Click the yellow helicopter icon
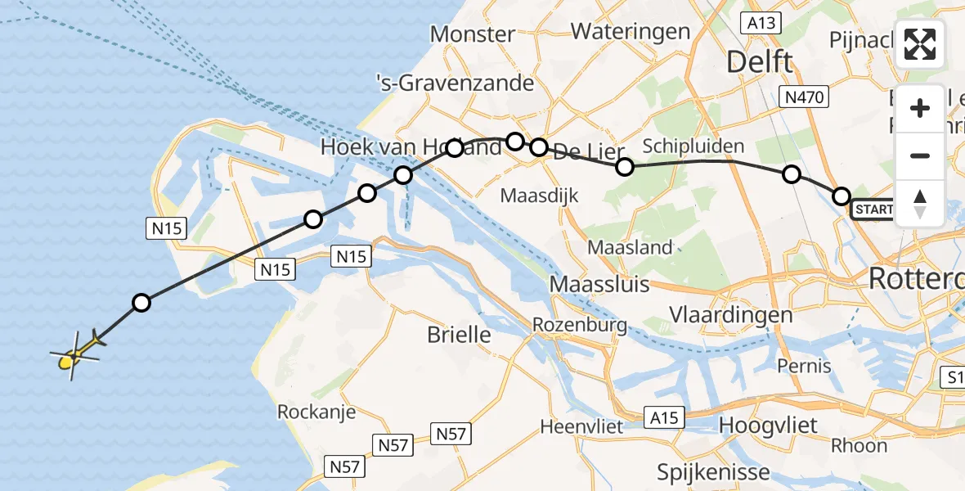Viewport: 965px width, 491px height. (75, 354)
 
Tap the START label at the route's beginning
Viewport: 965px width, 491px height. (872, 211)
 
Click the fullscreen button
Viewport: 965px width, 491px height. (920, 44)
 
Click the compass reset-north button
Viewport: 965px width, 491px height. (920, 204)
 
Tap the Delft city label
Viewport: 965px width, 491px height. (759, 62)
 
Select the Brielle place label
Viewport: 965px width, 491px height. (460, 334)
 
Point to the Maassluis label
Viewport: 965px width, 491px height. (599, 285)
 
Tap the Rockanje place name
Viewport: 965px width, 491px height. (316, 411)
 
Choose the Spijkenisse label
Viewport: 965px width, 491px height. (713, 472)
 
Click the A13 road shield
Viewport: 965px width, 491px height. (761, 23)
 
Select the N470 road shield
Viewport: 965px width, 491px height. (804, 97)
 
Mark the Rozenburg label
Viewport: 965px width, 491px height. (579, 325)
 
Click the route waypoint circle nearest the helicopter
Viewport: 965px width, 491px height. (141, 304)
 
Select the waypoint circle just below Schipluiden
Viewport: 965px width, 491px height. (625, 167)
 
